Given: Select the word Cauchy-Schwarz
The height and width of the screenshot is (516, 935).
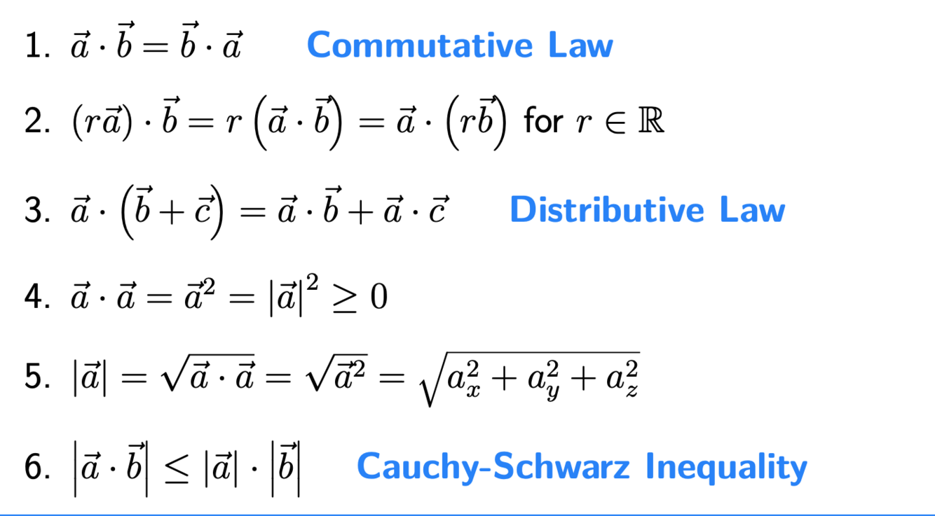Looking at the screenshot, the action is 493,467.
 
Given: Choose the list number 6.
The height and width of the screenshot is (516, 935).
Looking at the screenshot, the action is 34,468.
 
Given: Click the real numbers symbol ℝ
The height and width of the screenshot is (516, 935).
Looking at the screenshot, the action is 653,121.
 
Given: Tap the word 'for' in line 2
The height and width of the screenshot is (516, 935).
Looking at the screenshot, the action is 543,121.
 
